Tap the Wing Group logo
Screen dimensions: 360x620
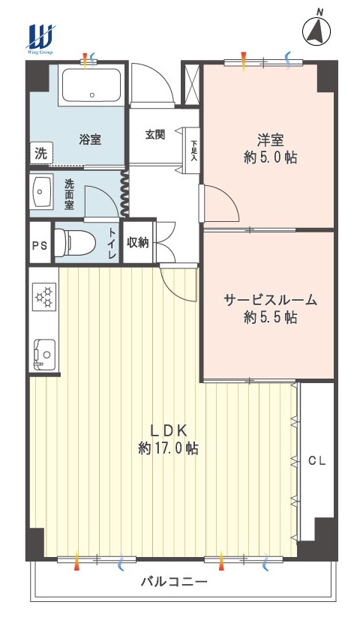click(40, 39)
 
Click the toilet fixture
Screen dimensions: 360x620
click(75, 242)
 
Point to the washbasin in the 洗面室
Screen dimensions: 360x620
click(43, 191)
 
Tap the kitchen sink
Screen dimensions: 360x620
click(44, 354)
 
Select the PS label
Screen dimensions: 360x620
click(40, 246)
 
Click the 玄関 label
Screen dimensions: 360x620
click(154, 134)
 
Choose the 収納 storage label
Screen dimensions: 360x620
click(138, 242)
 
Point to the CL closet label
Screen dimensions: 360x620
click(317, 461)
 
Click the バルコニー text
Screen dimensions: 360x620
click(175, 582)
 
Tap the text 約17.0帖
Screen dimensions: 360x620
click(168, 448)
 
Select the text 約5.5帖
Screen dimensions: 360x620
click(271, 317)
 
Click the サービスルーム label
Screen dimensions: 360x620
click(271, 300)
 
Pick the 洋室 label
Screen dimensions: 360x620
click(271, 140)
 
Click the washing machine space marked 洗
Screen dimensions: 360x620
click(41, 154)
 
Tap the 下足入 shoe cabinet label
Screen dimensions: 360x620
click(193, 150)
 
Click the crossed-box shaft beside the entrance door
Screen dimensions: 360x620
click(191, 85)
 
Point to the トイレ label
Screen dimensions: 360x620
click(112, 244)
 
